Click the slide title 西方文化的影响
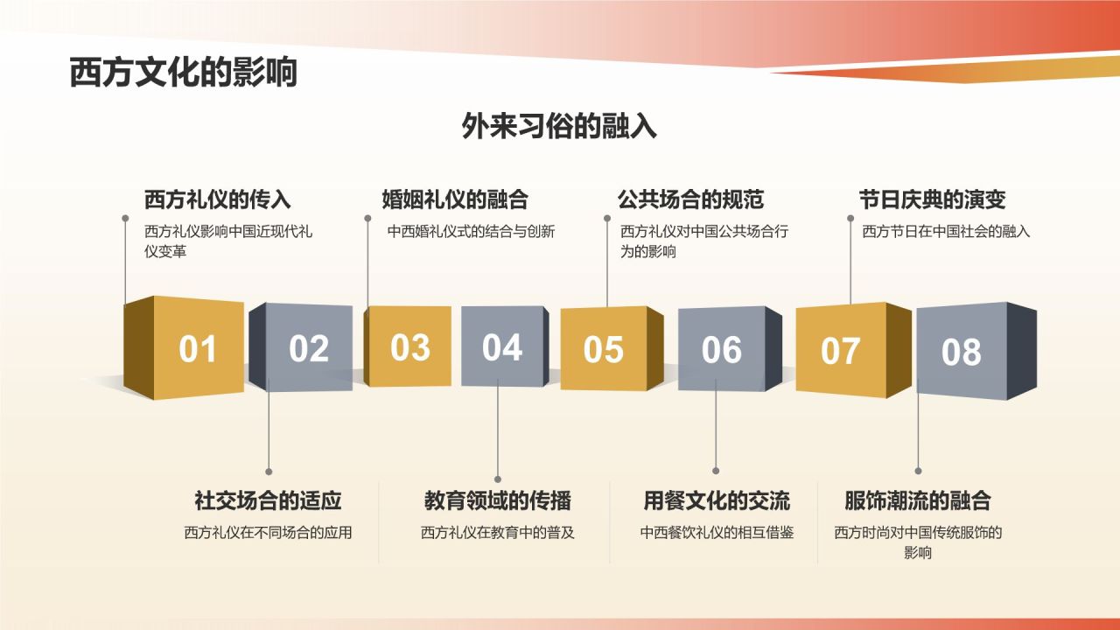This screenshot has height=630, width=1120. click(183, 73)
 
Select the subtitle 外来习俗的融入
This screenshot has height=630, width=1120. click(559, 127)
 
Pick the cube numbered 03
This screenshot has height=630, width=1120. click(409, 346)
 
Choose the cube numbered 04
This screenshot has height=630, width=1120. click(502, 347)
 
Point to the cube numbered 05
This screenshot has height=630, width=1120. click(604, 349)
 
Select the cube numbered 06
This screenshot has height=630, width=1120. click(722, 350)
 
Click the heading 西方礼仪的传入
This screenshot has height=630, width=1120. click(217, 199)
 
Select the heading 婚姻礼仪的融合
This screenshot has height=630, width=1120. click(455, 199)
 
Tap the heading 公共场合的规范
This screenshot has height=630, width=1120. click(690, 199)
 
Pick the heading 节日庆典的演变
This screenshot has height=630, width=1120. click(932, 199)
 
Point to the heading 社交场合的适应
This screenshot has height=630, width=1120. click(268, 500)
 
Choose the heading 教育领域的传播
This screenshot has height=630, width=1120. click(498, 500)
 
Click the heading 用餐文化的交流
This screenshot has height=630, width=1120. click(717, 500)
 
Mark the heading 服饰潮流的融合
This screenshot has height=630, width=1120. click(918, 500)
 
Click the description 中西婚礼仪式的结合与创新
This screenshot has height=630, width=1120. click(472, 232)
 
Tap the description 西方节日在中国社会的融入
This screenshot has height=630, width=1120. click(946, 232)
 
